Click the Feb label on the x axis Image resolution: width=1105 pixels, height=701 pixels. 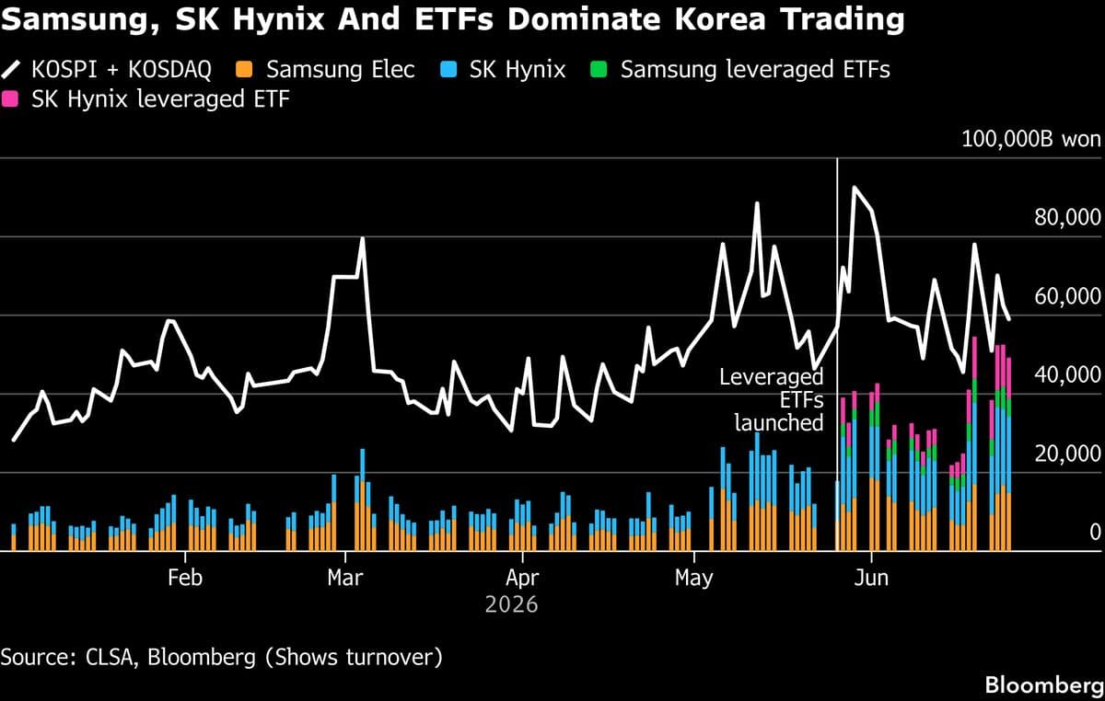[x=185, y=578]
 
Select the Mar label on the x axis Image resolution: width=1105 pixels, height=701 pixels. [x=344, y=578]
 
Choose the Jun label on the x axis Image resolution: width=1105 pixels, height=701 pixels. [x=871, y=578]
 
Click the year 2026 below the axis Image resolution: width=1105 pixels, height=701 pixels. [x=512, y=604]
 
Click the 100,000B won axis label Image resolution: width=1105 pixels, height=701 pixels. [x=1031, y=139]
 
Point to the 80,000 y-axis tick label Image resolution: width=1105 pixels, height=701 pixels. [x=1067, y=217]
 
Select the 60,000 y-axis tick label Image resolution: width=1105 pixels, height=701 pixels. [x=1067, y=296]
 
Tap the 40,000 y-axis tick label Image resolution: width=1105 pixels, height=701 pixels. [x=1067, y=375]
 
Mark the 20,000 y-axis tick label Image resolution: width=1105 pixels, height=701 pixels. [x=1067, y=454]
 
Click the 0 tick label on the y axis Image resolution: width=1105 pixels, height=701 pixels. [x=1095, y=532]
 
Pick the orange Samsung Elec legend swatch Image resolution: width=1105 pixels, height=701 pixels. [x=244, y=70]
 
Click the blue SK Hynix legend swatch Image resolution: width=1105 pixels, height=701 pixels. [x=448, y=70]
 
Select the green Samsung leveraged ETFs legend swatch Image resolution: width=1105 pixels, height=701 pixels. [x=599, y=70]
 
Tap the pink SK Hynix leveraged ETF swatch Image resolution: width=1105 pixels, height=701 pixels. [x=10, y=99]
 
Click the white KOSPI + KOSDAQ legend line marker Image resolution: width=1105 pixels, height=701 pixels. [x=10, y=70]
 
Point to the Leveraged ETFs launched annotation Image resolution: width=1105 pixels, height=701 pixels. [x=772, y=400]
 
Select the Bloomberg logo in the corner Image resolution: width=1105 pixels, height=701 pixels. [x=1044, y=685]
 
